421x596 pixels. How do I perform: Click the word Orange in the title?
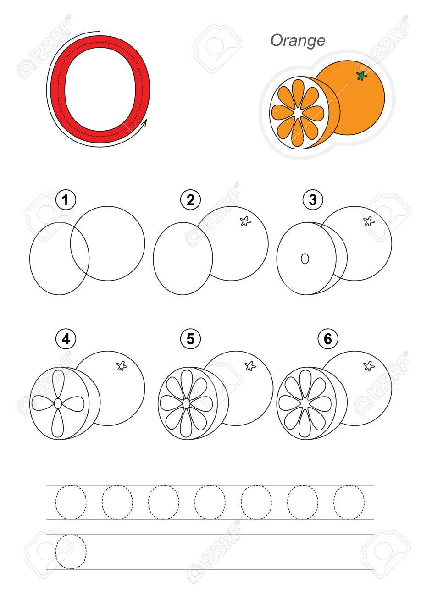[x=298, y=41]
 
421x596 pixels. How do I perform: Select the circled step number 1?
[x=66, y=200]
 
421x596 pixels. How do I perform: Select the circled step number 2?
[x=190, y=200]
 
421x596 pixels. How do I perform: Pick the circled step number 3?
[x=313, y=200]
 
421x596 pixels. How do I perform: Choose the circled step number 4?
[x=66, y=339]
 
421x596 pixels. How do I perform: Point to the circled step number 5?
[x=190, y=339]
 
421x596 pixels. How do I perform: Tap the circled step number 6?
[x=328, y=339]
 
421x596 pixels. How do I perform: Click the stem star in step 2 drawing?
[x=245, y=221]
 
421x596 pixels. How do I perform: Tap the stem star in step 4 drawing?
[x=122, y=366]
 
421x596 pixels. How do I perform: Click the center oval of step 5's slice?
[x=187, y=403]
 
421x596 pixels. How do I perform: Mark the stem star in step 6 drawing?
[x=369, y=366]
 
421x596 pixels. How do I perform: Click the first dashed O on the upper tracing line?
[x=56, y=502]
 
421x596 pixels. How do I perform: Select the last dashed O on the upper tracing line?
[x=334, y=502]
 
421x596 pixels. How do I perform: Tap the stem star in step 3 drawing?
[x=369, y=221]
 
